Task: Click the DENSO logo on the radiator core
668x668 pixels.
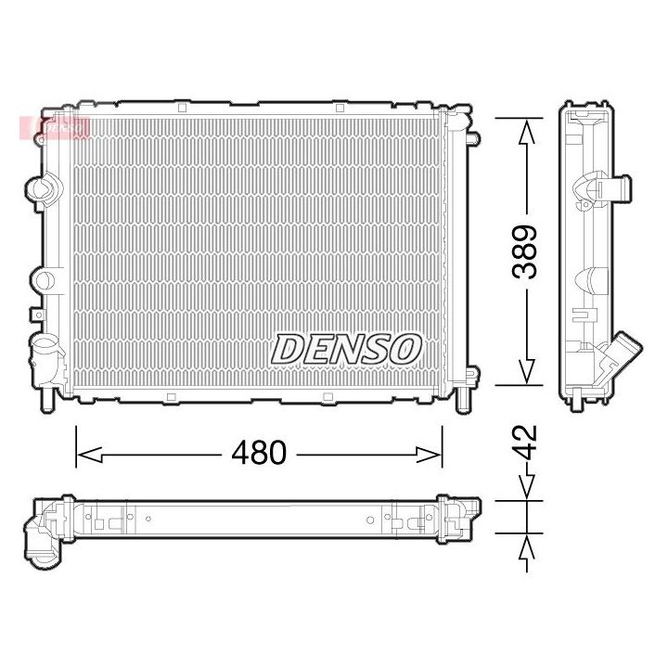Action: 347,350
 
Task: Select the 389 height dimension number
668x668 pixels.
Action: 526,251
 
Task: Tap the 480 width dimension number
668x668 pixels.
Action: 259,454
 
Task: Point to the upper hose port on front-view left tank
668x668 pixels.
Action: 41,189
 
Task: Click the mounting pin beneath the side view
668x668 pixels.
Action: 576,401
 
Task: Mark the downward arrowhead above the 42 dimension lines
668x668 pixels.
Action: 526,488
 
